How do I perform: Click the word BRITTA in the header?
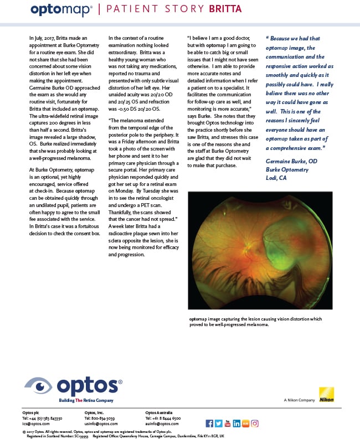pyautogui.click(x=226, y=9)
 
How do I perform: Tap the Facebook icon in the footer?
pyautogui.click(x=209, y=423)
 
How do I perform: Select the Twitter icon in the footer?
pyautogui.click(x=218, y=423)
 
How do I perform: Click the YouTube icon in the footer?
pyautogui.click(x=228, y=423)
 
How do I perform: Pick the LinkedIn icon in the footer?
pyautogui.click(x=236, y=423)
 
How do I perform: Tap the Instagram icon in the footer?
pyautogui.click(x=255, y=423)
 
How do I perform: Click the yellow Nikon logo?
pyautogui.click(x=327, y=394)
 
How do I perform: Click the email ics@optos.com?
pyautogui.click(x=32, y=423)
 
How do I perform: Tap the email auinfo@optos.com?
pyautogui.click(x=160, y=423)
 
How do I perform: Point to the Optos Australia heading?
pyautogui.click(x=158, y=413)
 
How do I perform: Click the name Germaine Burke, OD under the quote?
pyautogui.click(x=291, y=160)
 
